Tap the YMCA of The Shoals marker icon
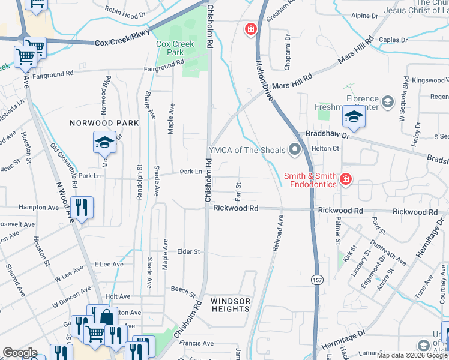coord(294,150)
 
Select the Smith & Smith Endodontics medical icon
coord(345,179)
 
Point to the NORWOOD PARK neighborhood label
coord(104,123)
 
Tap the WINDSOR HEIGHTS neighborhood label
coord(231,305)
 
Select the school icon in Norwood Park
coord(104,143)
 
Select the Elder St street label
coord(188,252)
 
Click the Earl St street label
coord(238,193)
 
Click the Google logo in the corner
coord(20,353)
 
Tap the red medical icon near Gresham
coord(250,29)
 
